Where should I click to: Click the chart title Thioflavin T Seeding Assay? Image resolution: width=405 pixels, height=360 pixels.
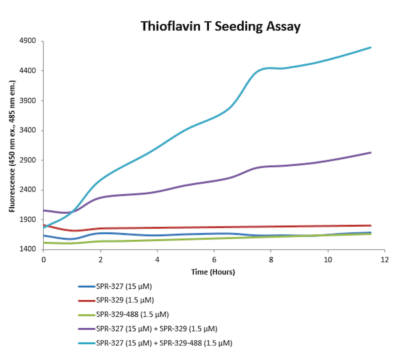(221, 27)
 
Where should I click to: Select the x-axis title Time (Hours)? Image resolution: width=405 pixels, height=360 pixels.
(213, 272)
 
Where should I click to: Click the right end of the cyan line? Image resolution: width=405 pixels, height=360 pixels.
(371, 47)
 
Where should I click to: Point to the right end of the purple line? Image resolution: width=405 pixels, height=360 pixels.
(371, 152)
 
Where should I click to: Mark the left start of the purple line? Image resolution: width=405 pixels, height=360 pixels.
(44, 210)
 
